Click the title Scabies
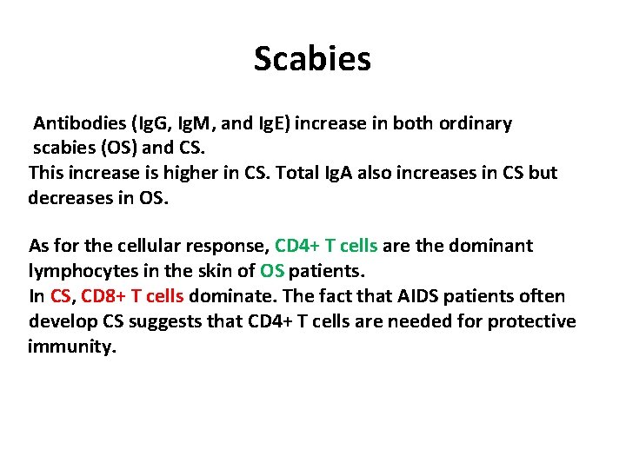click(312, 59)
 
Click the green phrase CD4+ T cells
click(325, 246)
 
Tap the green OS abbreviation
click(271, 271)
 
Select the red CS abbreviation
click(60, 296)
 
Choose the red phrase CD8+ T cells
click(132, 296)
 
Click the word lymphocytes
click(81, 271)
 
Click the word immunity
click(71, 347)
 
